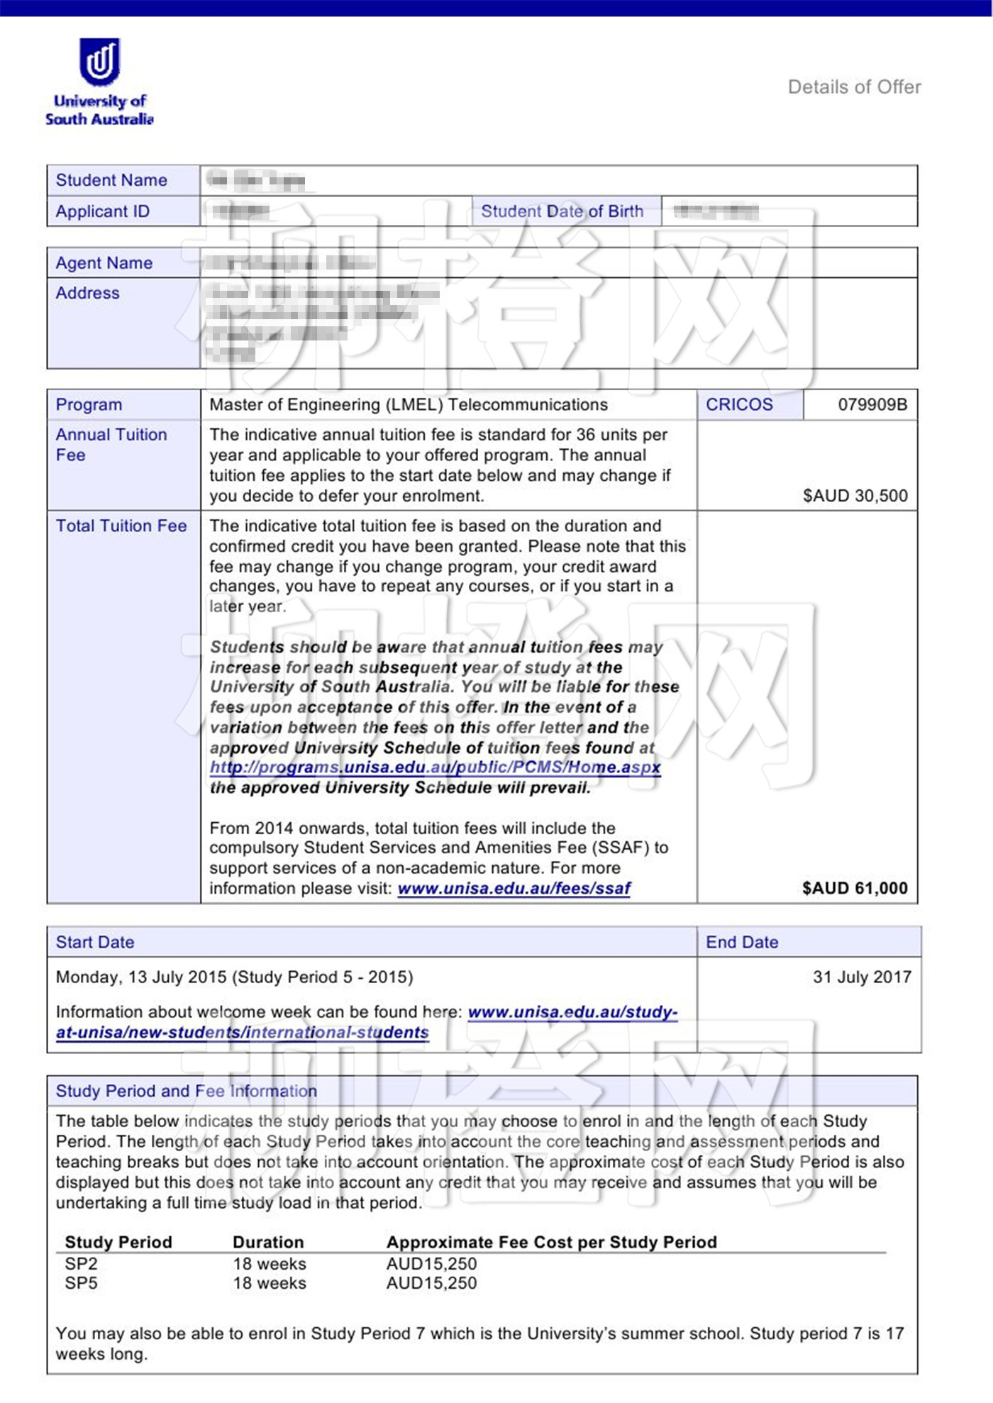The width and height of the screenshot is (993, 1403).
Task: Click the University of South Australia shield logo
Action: tap(99, 61)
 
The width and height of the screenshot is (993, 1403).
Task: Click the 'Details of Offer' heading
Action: tap(854, 87)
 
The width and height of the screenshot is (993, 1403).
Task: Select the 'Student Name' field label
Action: tap(111, 180)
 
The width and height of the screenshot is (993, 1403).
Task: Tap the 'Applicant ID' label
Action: tap(102, 211)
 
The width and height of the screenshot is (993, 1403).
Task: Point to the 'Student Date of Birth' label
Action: tap(562, 211)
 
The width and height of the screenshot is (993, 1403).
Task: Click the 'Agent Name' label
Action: tap(104, 263)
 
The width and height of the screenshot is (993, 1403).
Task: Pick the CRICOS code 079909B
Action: tap(872, 404)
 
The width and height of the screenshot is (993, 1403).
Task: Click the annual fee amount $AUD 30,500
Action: tap(855, 495)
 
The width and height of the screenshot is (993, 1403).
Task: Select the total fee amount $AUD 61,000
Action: tap(855, 888)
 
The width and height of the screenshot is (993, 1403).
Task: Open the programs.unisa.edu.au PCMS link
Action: tap(435, 767)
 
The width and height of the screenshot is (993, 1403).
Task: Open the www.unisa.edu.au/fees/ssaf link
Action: tap(514, 888)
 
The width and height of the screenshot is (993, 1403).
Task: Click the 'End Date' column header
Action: tap(741, 942)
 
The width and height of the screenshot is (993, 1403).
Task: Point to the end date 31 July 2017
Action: tap(861, 977)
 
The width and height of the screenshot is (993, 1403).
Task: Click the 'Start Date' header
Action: tap(95, 942)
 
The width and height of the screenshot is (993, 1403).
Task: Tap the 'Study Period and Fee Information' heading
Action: tap(186, 1091)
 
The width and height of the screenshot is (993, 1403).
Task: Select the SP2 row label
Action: tap(81, 1264)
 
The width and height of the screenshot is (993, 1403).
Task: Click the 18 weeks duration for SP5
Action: tap(270, 1283)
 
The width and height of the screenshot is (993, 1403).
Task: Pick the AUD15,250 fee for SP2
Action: tap(431, 1264)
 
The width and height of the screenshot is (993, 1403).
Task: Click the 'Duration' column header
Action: tap(268, 1242)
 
